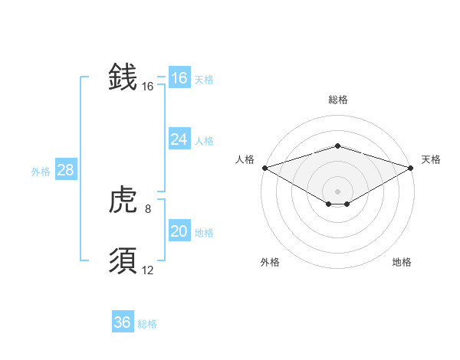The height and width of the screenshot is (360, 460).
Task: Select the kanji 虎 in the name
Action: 123,201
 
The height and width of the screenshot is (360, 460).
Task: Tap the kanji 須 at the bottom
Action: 123,261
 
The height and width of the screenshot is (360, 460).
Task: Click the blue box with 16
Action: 179,78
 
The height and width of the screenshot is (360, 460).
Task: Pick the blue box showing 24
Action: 179,139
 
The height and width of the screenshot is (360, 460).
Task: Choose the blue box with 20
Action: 179,231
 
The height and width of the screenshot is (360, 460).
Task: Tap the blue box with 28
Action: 65,170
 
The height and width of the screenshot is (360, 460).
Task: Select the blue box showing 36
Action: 123,322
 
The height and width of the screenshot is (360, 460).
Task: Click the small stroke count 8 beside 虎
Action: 147,208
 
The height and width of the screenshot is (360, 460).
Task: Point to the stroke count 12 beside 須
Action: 148,270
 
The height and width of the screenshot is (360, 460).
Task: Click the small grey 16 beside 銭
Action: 148,87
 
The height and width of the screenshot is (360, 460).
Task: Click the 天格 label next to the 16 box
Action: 204,80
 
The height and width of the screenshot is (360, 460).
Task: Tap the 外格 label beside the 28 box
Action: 41,172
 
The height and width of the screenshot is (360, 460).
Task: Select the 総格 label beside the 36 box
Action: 147,324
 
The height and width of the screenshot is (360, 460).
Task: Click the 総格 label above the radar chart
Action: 337,100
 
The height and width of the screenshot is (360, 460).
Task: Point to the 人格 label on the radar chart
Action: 245,159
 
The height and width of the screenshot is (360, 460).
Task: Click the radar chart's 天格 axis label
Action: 431,159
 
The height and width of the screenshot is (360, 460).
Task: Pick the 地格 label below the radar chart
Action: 402,262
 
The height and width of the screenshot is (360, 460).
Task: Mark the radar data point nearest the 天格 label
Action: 409,167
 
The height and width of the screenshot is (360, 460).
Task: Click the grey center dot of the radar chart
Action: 337,191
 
